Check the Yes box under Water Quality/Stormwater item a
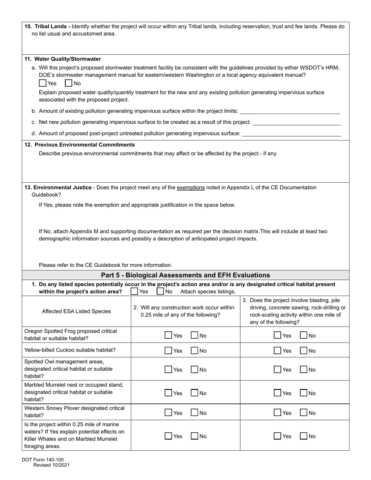pyautogui.click(x=43, y=83)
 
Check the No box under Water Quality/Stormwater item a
pyautogui.click(x=69, y=83)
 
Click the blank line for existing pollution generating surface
pyautogui.click(x=290, y=111)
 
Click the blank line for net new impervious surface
pyautogui.click(x=297, y=123)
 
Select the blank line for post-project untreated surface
pyautogui.click(x=292, y=133)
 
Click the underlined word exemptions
pyautogui.click(x=191, y=188)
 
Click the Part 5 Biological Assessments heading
pyautogui.click(x=185, y=275)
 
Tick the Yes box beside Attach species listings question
pyautogui.click(x=134, y=292)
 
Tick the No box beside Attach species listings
pyautogui.click(x=160, y=292)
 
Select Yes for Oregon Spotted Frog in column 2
pyautogui.click(x=168, y=335)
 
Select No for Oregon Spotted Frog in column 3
pyautogui.click(x=303, y=335)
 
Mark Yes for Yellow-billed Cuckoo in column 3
pyautogui.click(x=278, y=351)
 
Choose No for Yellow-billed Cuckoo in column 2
pyautogui.click(x=194, y=351)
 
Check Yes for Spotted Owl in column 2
pyautogui.click(x=168, y=370)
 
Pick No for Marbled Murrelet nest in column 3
pyautogui.click(x=303, y=393)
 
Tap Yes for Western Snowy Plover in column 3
pyautogui.click(x=278, y=413)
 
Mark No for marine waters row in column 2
pyautogui.click(x=194, y=436)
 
